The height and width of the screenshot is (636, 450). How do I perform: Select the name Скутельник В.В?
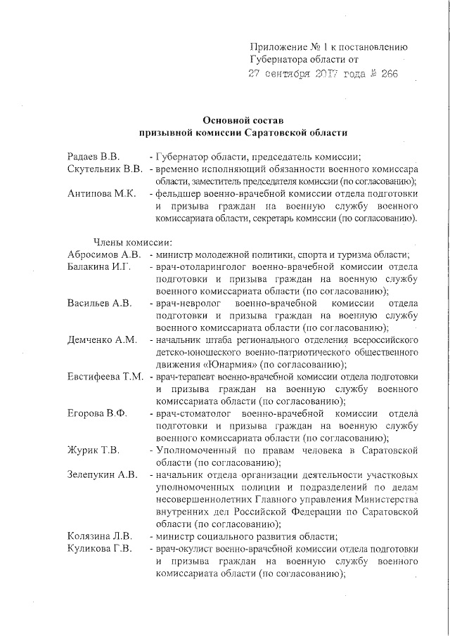click(x=105, y=169)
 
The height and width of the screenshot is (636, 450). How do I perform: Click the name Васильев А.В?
click(x=99, y=304)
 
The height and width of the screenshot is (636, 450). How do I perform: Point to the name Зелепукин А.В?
click(x=102, y=474)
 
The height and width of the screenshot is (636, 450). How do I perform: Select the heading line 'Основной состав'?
click(x=243, y=120)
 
